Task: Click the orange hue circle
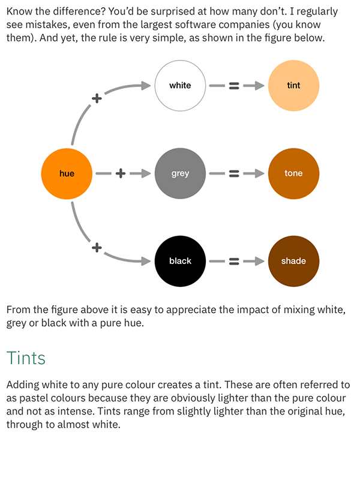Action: (x=67, y=173)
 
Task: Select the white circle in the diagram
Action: (x=180, y=85)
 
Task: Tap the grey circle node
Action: (x=180, y=173)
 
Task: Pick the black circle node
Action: (x=180, y=261)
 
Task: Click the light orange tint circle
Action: (x=293, y=85)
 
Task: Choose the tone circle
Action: (x=293, y=173)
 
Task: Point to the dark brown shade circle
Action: (x=293, y=261)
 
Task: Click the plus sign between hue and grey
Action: (x=120, y=173)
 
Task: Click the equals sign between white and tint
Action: (x=234, y=86)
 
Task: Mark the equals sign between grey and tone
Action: (x=234, y=173)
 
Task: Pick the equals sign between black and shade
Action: (x=234, y=261)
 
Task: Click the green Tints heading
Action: (x=26, y=358)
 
